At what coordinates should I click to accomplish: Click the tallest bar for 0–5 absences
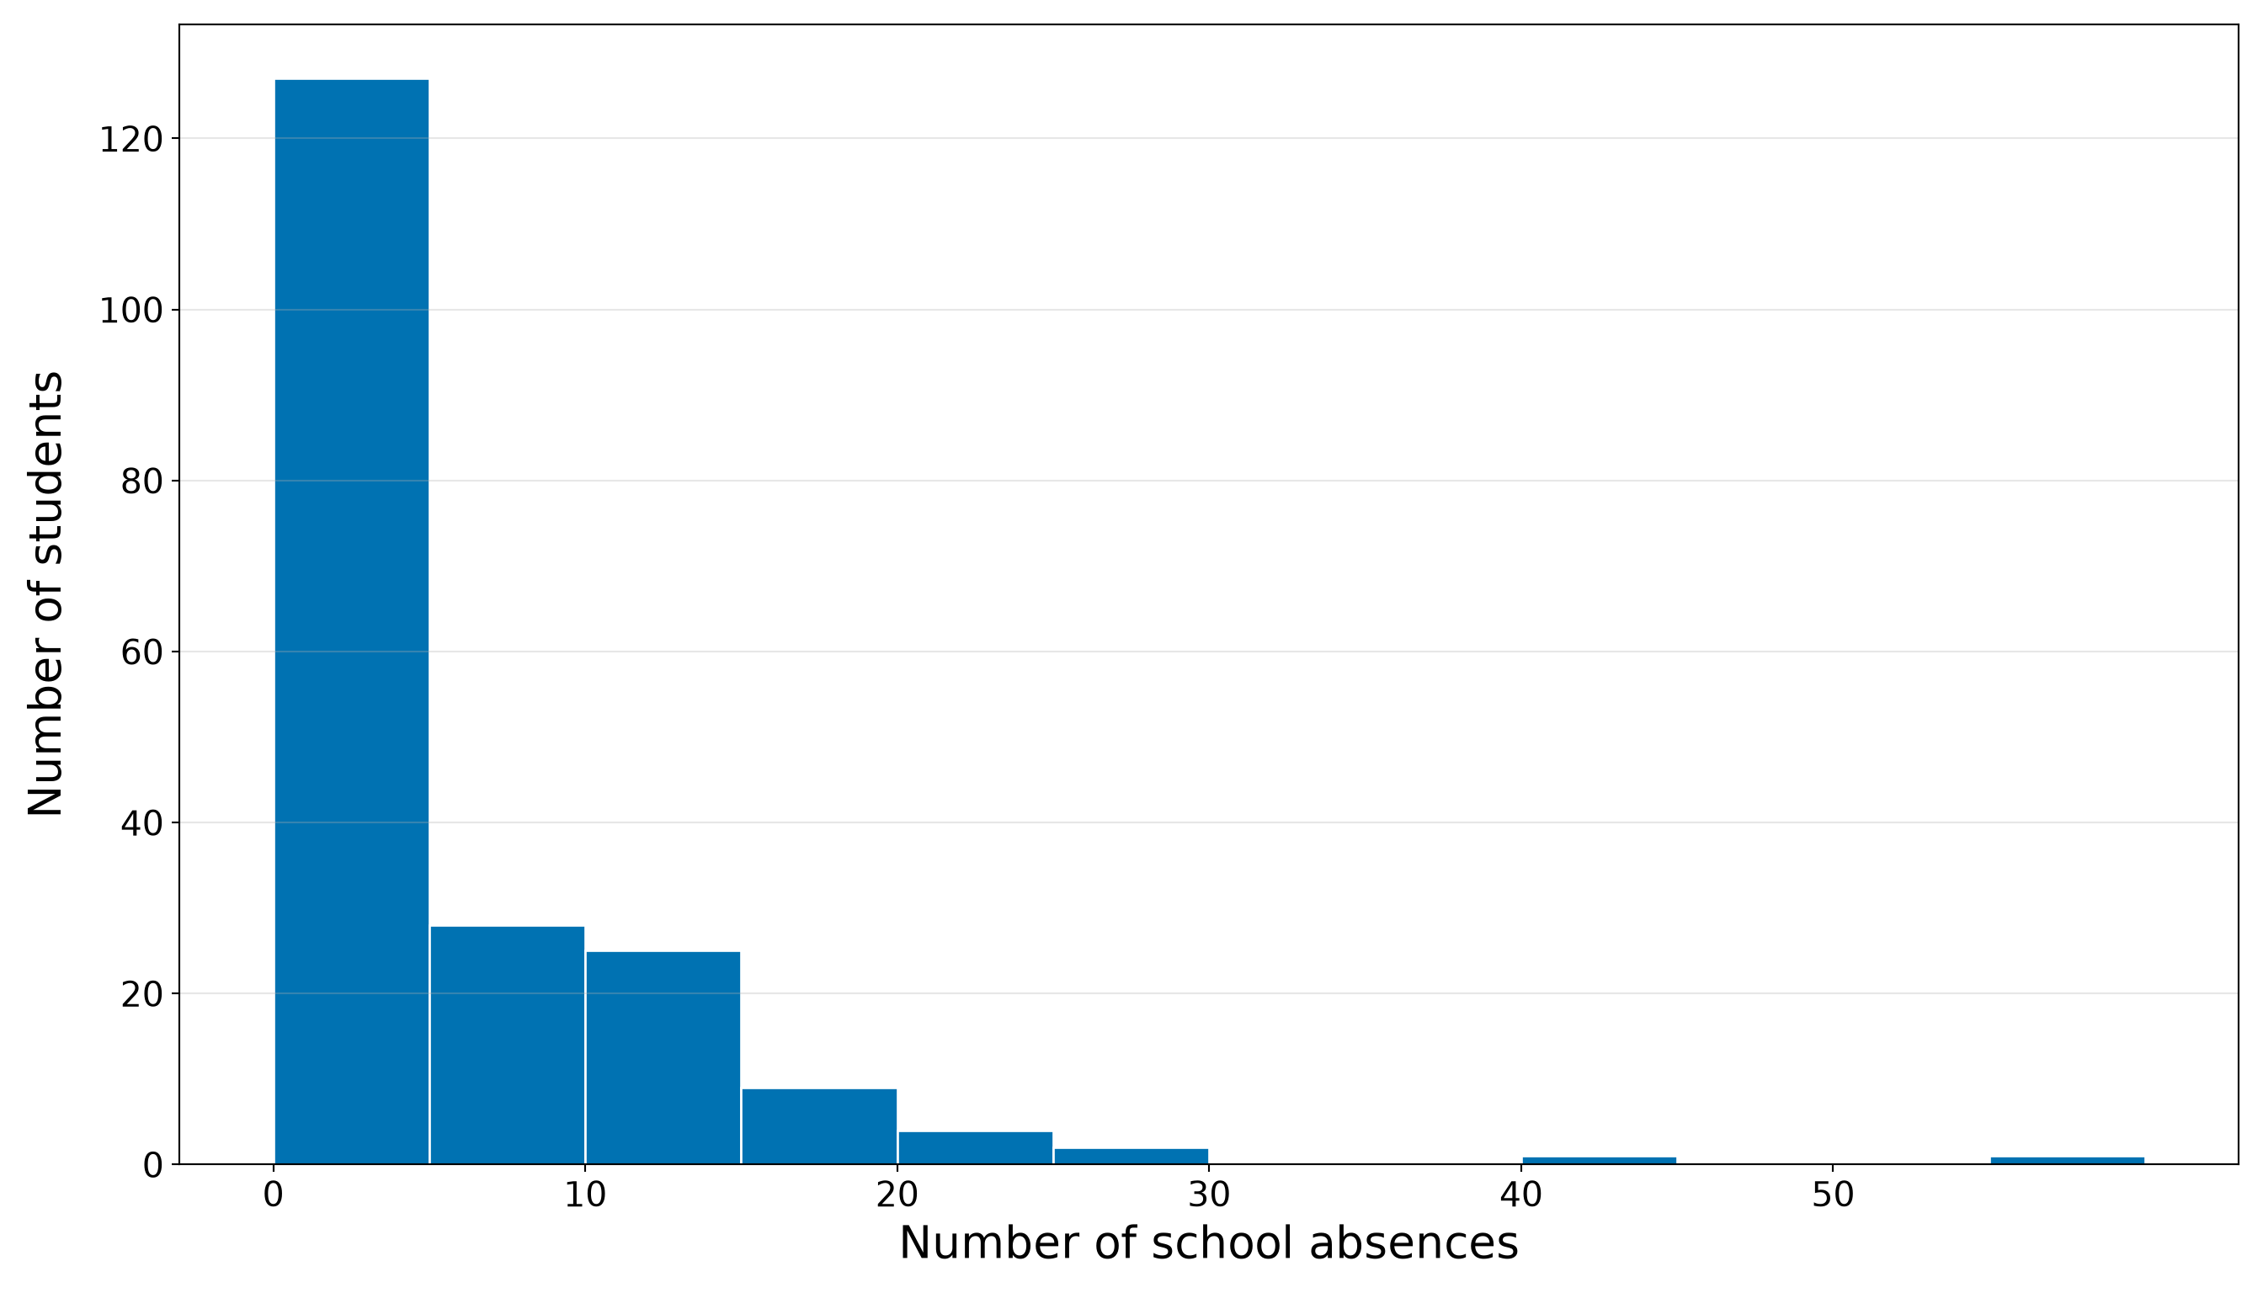coord(352,621)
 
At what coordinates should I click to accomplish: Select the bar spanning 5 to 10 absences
coord(507,1046)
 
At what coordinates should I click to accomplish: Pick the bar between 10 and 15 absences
coord(663,1057)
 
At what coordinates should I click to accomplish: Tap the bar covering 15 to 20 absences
coord(819,1126)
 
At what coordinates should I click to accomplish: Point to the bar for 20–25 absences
coord(975,1147)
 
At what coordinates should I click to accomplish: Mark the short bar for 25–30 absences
coord(1131,1157)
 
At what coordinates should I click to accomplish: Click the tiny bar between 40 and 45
coord(1600,1161)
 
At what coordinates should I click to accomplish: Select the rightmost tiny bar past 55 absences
coord(2068,1161)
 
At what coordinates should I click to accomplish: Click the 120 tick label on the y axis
coord(130,140)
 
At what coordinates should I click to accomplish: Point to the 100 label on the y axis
coord(130,311)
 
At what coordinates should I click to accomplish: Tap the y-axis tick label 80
coord(142,482)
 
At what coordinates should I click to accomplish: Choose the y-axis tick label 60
coord(142,652)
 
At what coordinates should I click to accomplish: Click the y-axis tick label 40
coord(142,823)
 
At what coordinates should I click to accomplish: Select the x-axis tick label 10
coord(585,1196)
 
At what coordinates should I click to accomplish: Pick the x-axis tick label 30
coord(1209,1196)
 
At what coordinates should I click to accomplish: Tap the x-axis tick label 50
coord(1833,1196)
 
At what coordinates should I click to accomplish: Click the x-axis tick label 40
coord(1521,1196)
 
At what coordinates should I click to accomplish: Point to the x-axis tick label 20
coord(897,1196)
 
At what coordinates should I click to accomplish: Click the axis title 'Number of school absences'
coord(1209,1244)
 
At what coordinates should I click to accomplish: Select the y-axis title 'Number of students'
coord(45,594)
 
